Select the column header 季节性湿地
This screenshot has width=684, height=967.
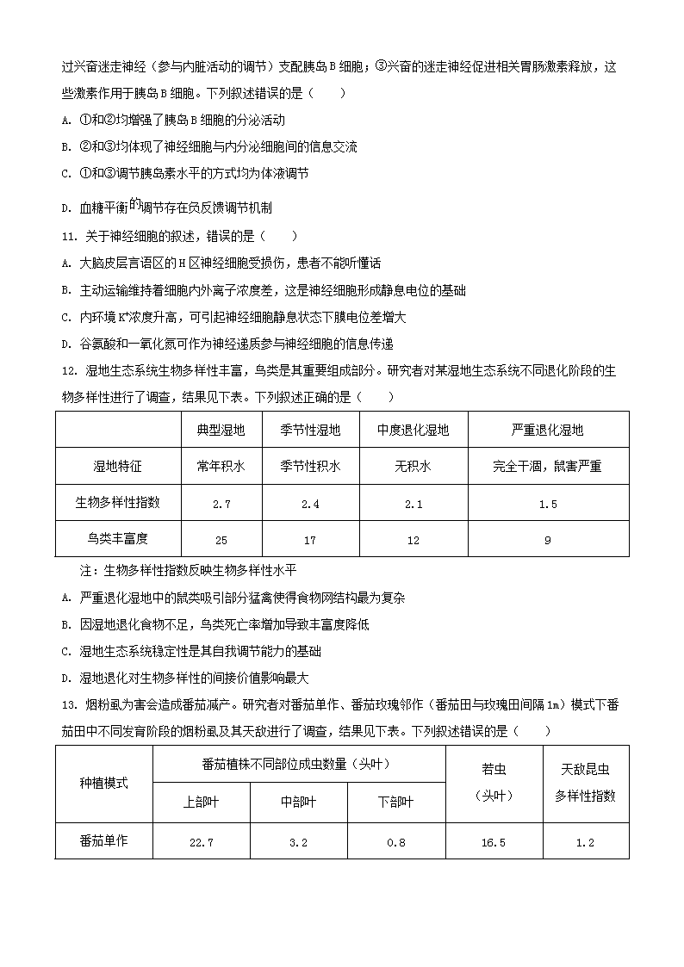pyautogui.click(x=310, y=430)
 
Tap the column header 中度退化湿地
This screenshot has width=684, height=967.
pyautogui.click(x=414, y=430)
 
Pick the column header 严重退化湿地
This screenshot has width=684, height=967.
pyautogui.click(x=547, y=430)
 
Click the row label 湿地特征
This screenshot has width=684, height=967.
pyautogui.click(x=118, y=467)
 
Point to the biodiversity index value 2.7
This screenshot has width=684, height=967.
pyautogui.click(x=221, y=504)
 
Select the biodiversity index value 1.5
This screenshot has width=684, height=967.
pyautogui.click(x=547, y=504)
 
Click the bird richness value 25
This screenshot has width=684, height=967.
pyautogui.click(x=221, y=540)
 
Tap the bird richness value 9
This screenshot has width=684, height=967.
pyautogui.click(x=547, y=540)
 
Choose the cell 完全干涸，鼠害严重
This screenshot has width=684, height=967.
pyautogui.click(x=547, y=467)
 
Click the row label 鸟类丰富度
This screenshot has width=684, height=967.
pyautogui.click(x=118, y=539)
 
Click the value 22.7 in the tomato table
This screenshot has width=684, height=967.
pyautogui.click(x=201, y=842)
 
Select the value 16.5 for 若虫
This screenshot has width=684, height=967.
pyautogui.click(x=494, y=842)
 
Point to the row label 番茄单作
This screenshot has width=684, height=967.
pyautogui.click(x=103, y=841)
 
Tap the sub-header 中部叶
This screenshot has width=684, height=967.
pyautogui.click(x=299, y=802)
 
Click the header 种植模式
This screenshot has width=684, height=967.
pyautogui.click(x=103, y=784)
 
